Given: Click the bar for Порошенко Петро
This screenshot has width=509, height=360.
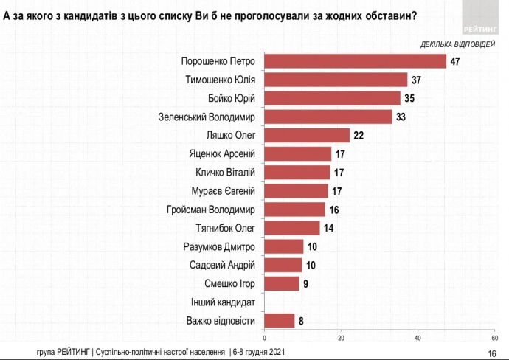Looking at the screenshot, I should (356, 60).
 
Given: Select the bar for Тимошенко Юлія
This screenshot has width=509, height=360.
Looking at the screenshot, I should (336, 79).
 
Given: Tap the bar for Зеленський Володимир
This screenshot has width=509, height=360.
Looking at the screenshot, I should (328, 117).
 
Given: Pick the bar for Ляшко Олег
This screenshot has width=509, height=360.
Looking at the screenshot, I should (307, 135).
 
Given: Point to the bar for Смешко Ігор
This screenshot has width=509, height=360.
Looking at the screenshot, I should (282, 283).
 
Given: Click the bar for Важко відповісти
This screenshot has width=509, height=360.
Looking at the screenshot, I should (280, 320).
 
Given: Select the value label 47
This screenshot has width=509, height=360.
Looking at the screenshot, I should (455, 60).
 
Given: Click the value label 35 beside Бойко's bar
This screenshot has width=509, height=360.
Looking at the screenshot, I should (409, 98).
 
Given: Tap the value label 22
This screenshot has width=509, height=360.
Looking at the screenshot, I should (359, 135).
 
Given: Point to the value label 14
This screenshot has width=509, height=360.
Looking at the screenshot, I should (328, 228).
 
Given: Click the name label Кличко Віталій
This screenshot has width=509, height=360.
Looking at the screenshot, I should (225, 173).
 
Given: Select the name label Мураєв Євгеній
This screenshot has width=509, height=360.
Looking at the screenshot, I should (223, 191).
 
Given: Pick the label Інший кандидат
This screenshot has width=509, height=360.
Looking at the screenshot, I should (224, 302).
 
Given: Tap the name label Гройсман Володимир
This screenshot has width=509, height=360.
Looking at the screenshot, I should (212, 210).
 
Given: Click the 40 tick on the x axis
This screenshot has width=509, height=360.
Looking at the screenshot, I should (418, 338).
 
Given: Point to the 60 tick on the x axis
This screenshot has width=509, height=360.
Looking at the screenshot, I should (494, 338).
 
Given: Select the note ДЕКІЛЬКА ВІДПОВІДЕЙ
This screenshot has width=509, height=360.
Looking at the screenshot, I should (458, 44).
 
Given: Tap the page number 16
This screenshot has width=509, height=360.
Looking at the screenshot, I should (492, 353).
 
